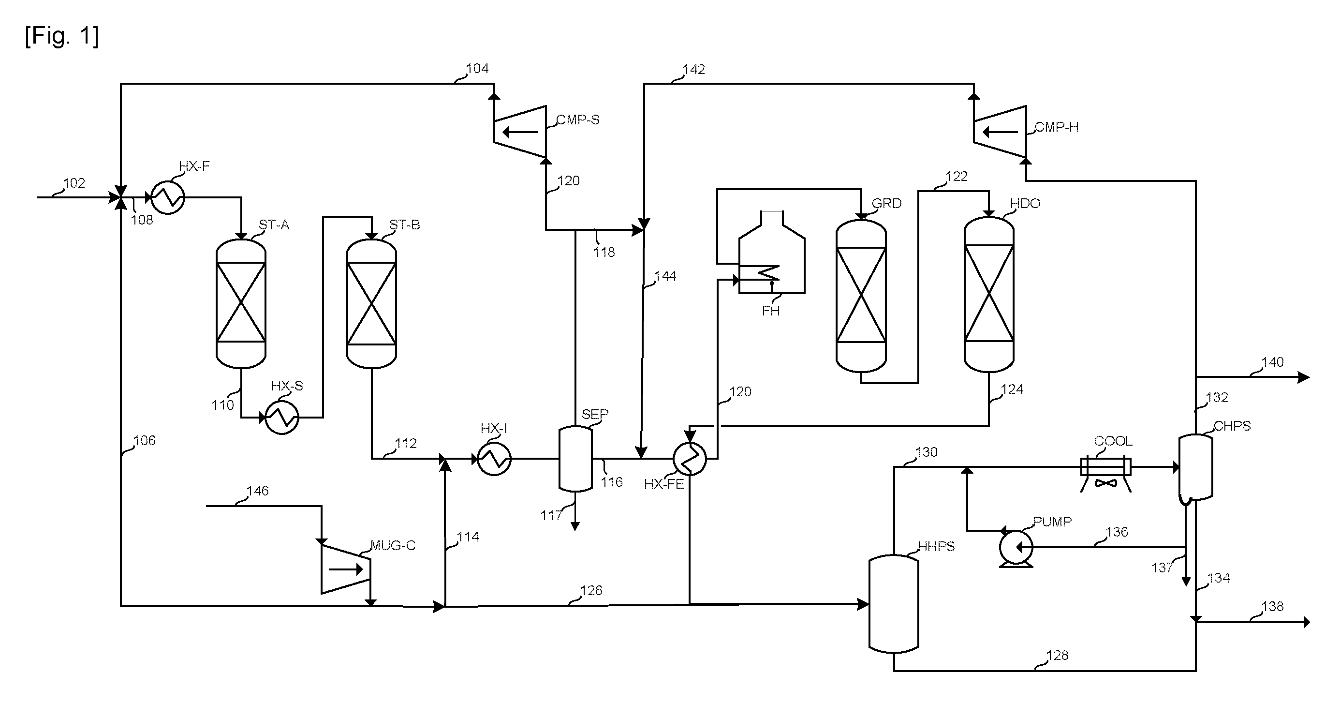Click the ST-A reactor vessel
coord(241,303)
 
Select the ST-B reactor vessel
coord(371,303)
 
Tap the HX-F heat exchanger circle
coord(167,197)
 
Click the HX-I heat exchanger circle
coord(494,459)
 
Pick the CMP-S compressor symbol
coord(520,132)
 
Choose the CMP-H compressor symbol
coord(1000,132)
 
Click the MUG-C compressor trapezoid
coord(345,569)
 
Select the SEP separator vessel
coord(575,459)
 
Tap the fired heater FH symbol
coord(772,253)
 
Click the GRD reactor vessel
coord(861,296)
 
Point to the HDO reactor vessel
coord(989,295)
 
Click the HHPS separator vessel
coord(894,604)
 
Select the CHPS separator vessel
coord(1195,467)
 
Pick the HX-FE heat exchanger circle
coord(690,459)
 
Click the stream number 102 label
coord(74,183)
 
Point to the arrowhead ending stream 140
coord(1304,377)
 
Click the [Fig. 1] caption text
coord(61,36)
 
